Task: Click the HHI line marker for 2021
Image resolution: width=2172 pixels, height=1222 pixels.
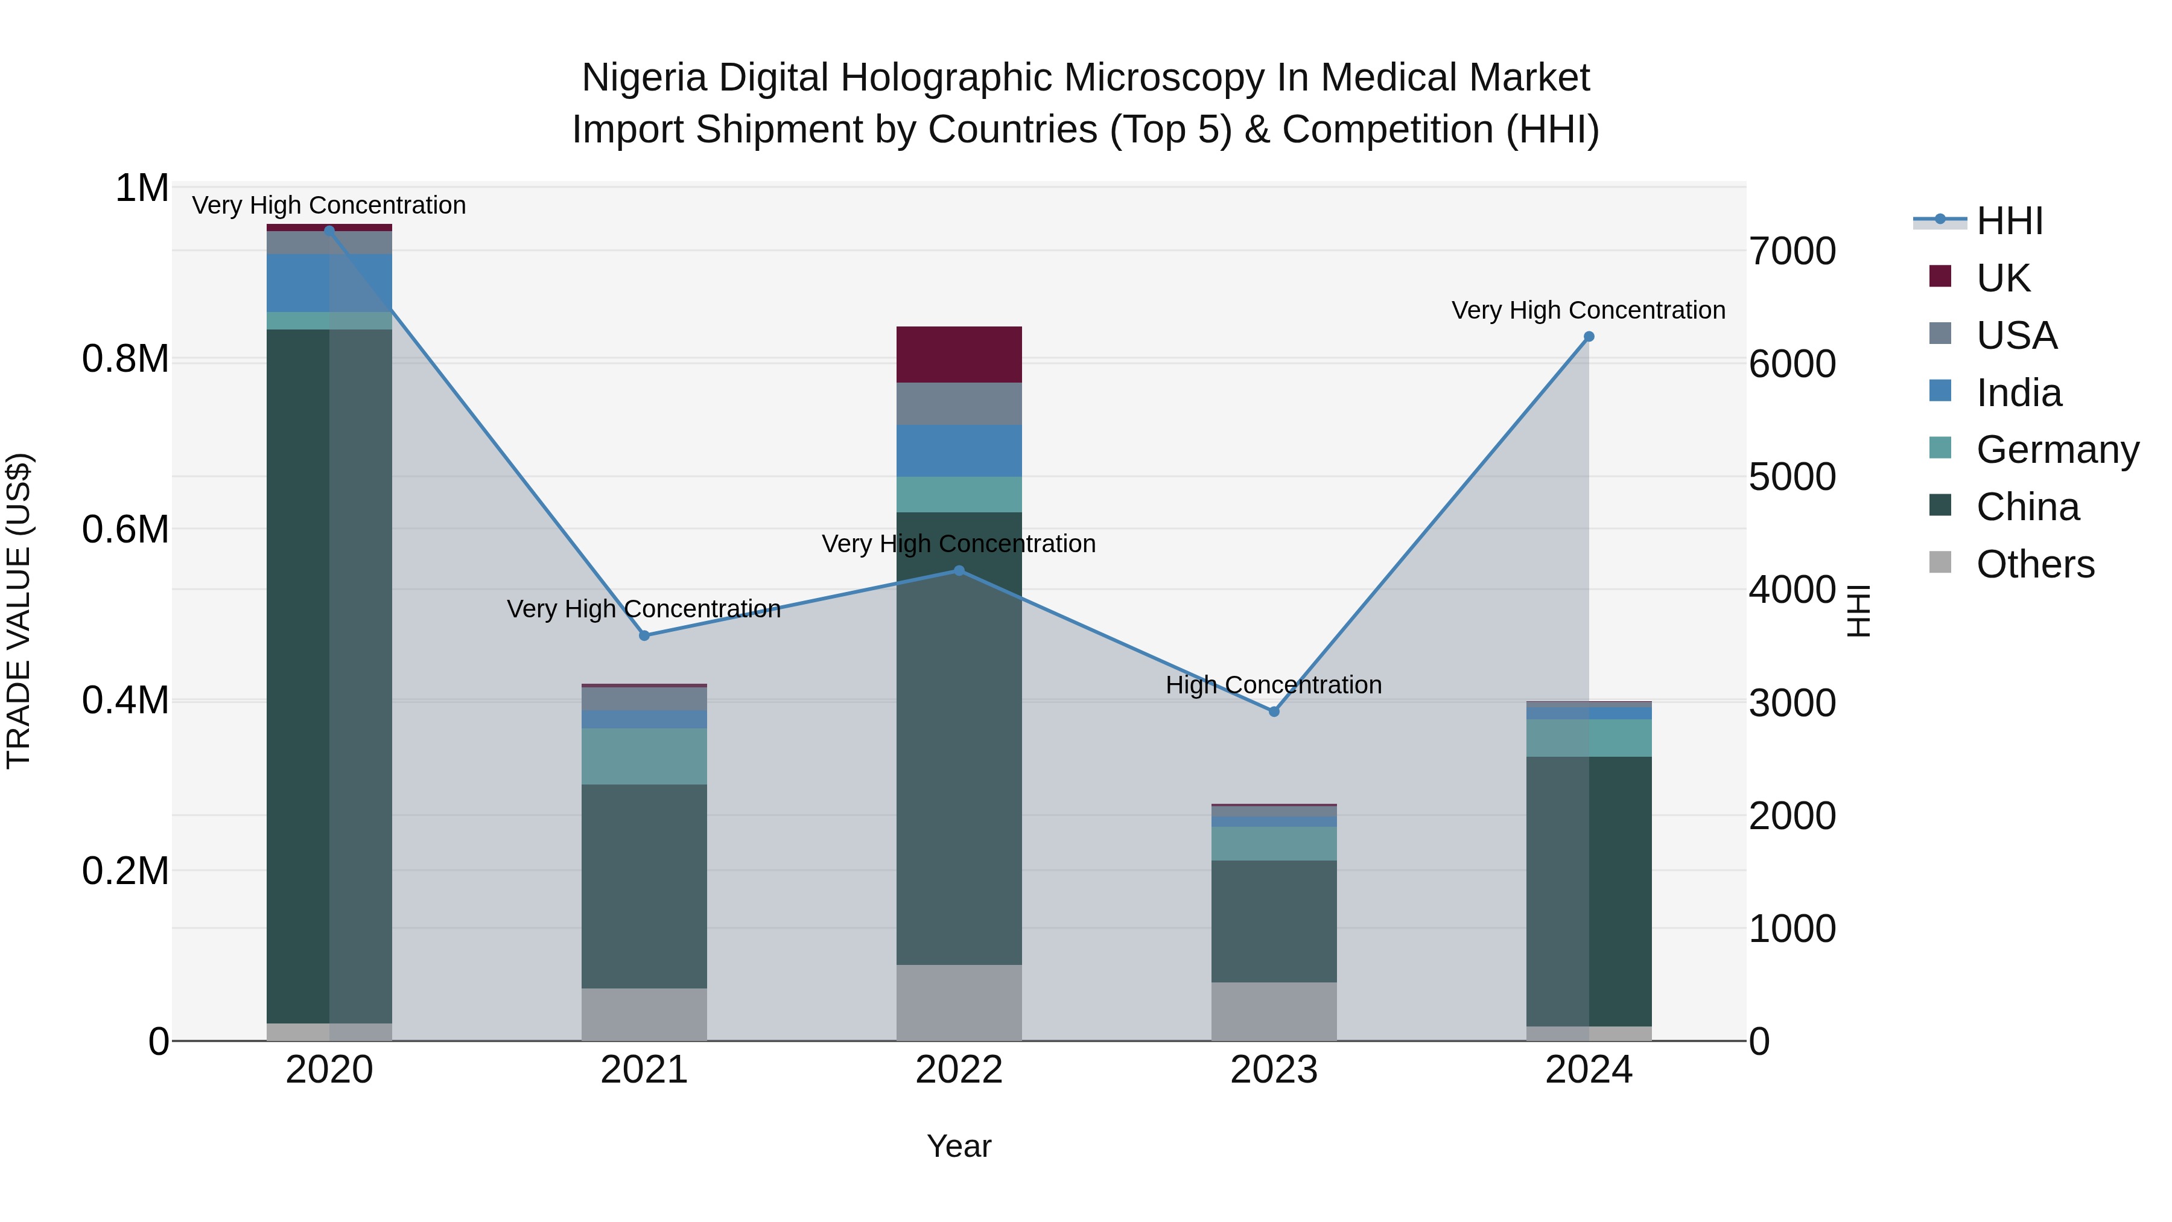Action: click(x=644, y=636)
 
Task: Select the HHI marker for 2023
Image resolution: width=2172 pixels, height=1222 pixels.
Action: click(x=1274, y=712)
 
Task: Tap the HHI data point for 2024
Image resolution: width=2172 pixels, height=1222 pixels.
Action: click(x=1589, y=337)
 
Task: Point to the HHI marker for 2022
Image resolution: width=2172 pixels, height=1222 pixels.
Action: click(x=959, y=571)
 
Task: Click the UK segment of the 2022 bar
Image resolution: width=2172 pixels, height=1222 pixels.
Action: click(x=959, y=354)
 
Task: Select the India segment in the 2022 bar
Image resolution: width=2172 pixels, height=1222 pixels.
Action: click(x=959, y=451)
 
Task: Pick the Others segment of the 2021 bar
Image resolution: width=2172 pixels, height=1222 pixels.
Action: click(x=644, y=1014)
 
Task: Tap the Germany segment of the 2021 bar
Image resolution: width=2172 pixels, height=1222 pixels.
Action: click(x=644, y=757)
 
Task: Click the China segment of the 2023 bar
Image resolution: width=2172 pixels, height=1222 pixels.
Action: click(x=1274, y=921)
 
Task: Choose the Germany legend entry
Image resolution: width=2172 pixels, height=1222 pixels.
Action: click(x=2057, y=450)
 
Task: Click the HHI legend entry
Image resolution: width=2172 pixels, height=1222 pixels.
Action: click(x=2009, y=221)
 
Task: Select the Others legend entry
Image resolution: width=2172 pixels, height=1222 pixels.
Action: click(x=2034, y=564)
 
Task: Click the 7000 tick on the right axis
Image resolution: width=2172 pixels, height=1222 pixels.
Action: click(x=1793, y=251)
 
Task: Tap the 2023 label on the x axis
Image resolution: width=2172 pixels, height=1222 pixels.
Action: click(x=1274, y=1070)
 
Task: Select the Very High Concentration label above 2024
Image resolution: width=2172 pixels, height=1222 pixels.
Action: click(x=1589, y=310)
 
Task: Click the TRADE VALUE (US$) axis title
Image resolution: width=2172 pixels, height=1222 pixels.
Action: click(x=19, y=611)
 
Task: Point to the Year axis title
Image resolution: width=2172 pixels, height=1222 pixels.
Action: click(x=959, y=1146)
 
